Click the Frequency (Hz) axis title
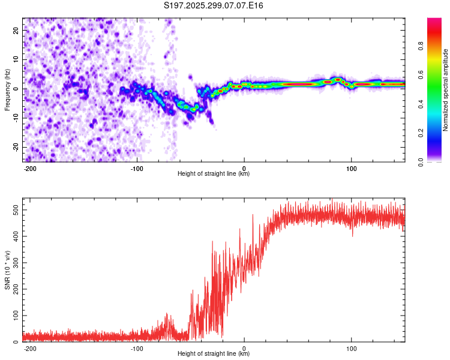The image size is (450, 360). coord(7,88)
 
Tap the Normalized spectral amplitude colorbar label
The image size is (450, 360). coord(446,90)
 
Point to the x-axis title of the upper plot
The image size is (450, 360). coord(214,174)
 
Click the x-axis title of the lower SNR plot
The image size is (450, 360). coord(214,354)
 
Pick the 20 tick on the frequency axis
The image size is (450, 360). coord(16,29)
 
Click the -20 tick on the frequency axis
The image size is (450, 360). coord(15,148)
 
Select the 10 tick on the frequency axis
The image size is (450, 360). coord(16,59)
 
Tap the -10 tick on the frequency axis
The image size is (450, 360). coord(15,118)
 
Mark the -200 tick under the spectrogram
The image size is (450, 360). coord(30,168)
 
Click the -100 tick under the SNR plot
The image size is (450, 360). coord(137,348)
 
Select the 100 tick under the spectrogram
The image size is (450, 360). coord(351,168)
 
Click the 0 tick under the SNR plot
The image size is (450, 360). coord(244,348)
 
